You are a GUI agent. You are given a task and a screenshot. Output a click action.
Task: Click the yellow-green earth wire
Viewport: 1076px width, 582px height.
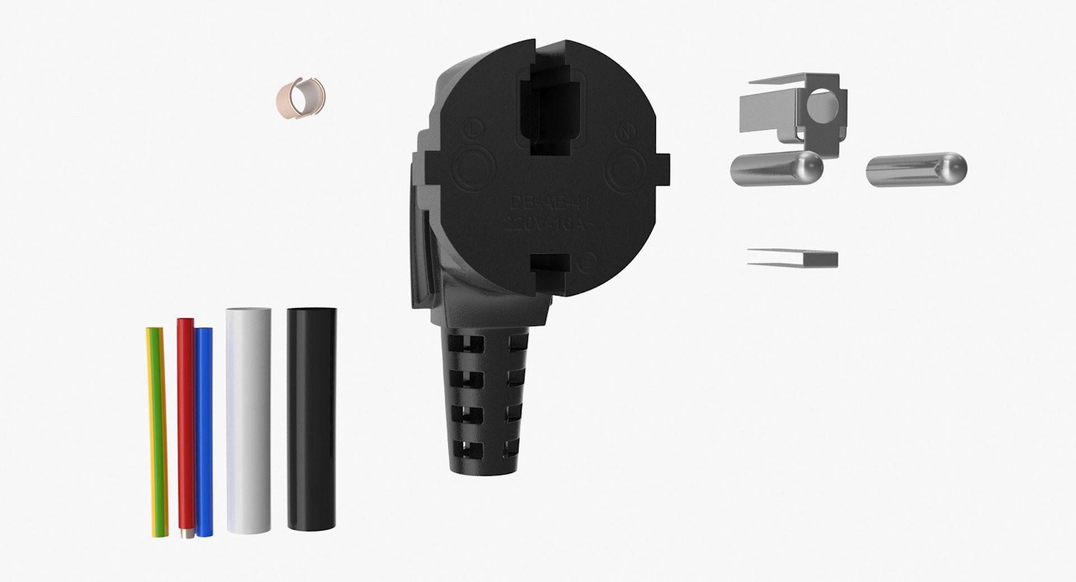click(x=156, y=432)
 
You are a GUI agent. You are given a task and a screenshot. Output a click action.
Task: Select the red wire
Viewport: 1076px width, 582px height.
click(x=184, y=426)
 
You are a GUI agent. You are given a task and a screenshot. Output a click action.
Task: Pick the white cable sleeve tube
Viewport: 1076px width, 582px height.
click(x=248, y=421)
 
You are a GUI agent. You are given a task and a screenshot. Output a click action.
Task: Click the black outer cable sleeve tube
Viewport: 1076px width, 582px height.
click(x=312, y=421)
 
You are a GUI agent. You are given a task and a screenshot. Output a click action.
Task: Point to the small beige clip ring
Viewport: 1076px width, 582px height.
click(x=301, y=97)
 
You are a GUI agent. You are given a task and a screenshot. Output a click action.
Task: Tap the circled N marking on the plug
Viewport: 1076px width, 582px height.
click(x=624, y=133)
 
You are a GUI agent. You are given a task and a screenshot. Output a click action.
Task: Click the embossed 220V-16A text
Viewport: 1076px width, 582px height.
click(x=552, y=225)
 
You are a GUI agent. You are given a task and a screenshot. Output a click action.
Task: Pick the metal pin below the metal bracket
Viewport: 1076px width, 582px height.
click(x=776, y=168)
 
